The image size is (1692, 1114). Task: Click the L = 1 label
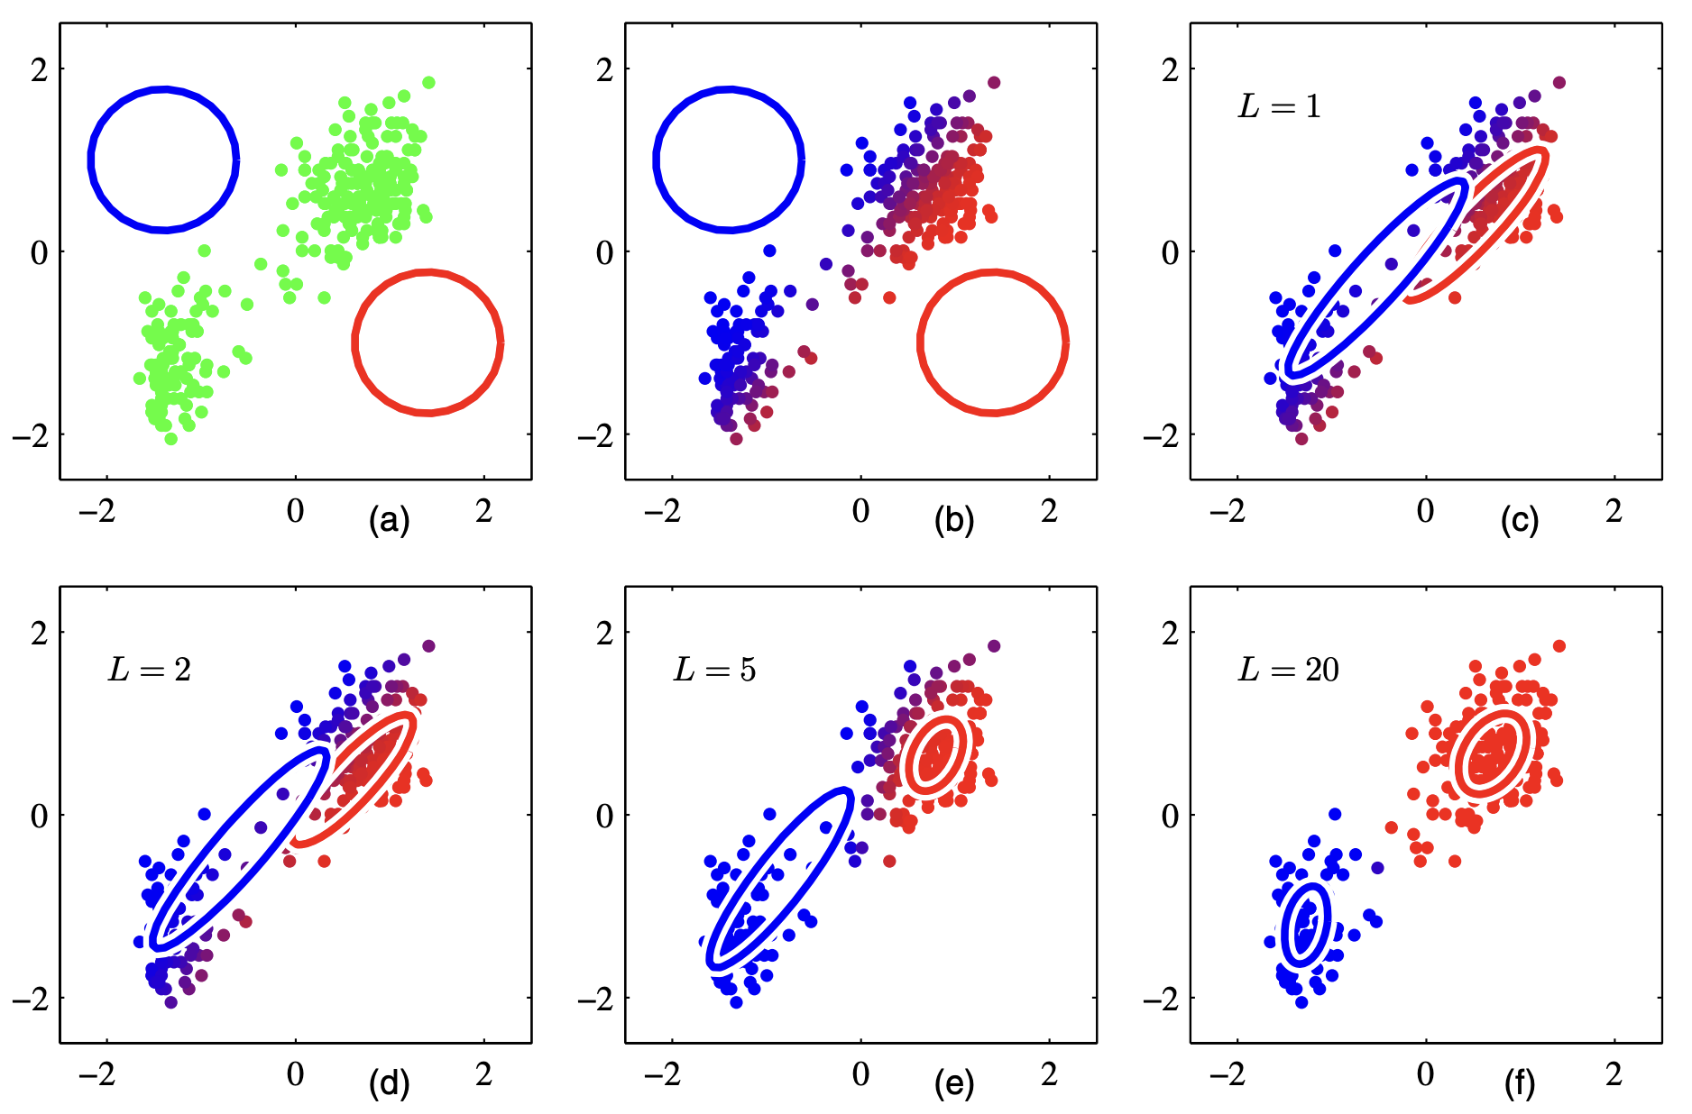pos(1279,107)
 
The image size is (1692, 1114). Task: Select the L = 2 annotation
pos(150,671)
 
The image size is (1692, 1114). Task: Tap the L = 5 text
pos(714,671)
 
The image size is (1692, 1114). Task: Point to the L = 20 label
pos(1288,671)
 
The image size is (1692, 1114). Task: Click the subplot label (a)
pos(390,521)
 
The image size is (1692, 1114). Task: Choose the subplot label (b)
pos(954,521)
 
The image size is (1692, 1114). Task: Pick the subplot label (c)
pos(1519,521)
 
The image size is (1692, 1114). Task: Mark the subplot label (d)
pos(390,1084)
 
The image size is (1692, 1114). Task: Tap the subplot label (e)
pos(954,1084)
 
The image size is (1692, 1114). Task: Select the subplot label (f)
pos(1519,1084)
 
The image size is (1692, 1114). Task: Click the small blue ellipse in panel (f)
pos(1306,926)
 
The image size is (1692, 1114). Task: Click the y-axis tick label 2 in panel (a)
pos(39,70)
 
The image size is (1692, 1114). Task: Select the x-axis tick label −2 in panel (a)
pos(97,512)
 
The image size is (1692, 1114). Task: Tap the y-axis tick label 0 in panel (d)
pos(39,817)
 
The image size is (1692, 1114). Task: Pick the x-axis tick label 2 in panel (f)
pos(1614,1075)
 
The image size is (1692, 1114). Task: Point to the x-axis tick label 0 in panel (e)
pos(860,1075)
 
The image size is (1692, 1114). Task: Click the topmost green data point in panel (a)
pos(428,83)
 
